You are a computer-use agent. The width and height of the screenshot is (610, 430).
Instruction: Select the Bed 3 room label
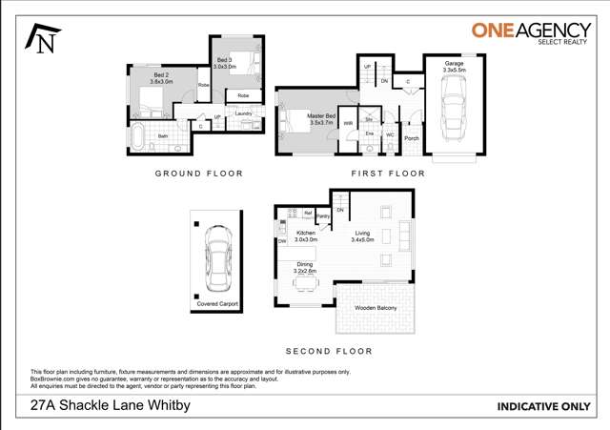(x=225, y=64)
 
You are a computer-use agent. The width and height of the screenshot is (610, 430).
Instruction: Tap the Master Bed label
(x=320, y=119)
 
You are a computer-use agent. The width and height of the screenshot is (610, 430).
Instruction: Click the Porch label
(x=412, y=138)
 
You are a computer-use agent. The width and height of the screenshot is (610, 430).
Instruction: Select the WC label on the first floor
(x=390, y=134)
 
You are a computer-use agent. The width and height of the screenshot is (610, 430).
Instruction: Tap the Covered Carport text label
(x=216, y=304)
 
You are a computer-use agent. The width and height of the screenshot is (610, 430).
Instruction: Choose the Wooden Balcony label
(x=375, y=308)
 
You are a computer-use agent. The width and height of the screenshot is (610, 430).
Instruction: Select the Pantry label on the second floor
(x=323, y=216)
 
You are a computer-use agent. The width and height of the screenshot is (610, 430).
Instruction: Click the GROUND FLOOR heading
(x=199, y=174)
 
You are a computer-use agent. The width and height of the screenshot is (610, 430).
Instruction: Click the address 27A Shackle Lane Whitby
(x=111, y=405)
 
